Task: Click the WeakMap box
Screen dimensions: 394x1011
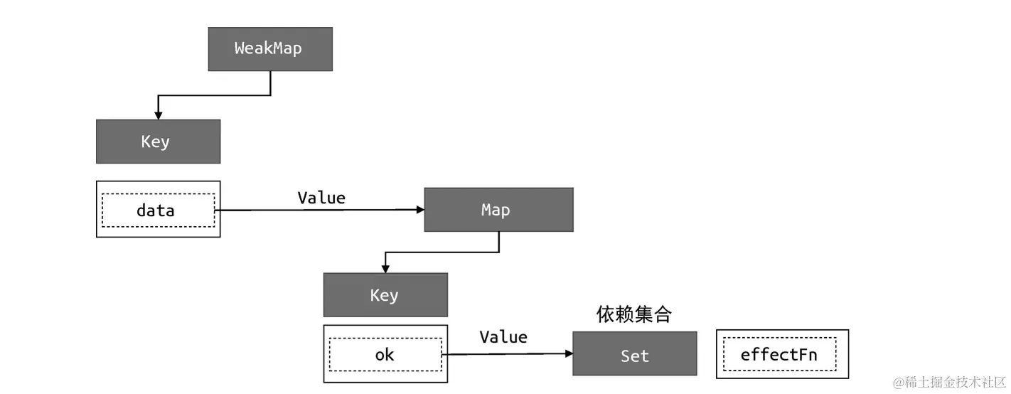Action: click(270, 49)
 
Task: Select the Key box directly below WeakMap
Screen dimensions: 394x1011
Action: click(158, 142)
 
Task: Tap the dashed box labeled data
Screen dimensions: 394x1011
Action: click(158, 211)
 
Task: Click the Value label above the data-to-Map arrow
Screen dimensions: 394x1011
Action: click(321, 198)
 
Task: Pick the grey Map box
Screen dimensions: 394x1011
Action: click(498, 210)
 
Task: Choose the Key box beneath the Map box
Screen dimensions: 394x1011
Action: click(385, 295)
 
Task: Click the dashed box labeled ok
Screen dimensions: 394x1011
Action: click(385, 354)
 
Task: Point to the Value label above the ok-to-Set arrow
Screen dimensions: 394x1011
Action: click(503, 337)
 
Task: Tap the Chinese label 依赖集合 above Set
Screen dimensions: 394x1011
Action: click(633, 314)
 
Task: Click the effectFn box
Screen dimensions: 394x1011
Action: click(782, 354)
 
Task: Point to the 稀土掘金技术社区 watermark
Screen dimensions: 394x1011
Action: click(949, 383)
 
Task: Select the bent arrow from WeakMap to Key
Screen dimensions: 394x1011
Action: click(213, 95)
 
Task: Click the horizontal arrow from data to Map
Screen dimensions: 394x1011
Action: click(320, 210)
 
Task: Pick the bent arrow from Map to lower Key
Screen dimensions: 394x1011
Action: click(441, 252)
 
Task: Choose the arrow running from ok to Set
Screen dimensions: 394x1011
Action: click(505, 354)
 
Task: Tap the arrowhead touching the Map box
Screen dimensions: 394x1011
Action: click(419, 210)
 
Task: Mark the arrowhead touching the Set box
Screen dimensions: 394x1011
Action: click(568, 354)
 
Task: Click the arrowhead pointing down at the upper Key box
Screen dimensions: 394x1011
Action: click(158, 115)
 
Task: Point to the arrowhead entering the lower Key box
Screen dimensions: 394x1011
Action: click(385, 269)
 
